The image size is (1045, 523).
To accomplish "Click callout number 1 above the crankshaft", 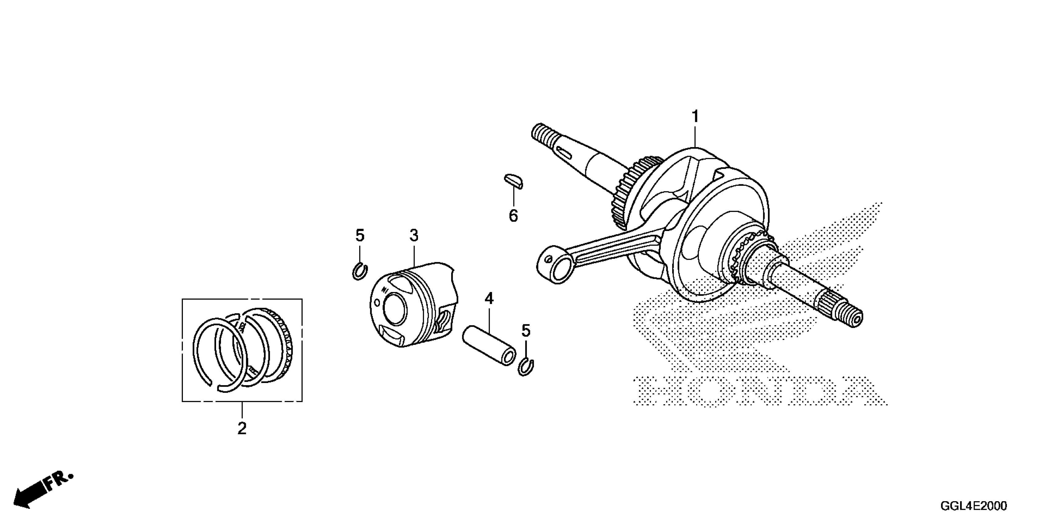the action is [695, 117].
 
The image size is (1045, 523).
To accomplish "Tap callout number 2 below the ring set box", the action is [242, 428].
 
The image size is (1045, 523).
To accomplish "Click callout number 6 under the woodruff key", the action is [513, 216].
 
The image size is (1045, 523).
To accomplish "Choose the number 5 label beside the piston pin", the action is [526, 331].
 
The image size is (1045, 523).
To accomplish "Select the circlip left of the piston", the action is [359, 271].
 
